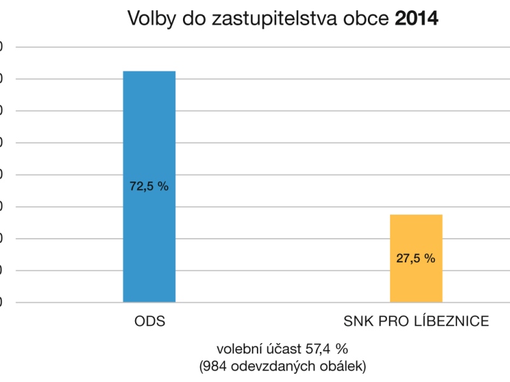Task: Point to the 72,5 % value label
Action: pos(149,187)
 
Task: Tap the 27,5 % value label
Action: pos(416,258)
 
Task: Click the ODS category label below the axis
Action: pos(150,321)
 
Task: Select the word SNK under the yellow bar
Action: pos(357,321)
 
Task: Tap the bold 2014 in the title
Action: pos(417,18)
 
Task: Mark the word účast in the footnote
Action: pos(281,349)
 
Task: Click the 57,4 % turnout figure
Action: pos(326,349)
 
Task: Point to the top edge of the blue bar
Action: pos(149,71)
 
